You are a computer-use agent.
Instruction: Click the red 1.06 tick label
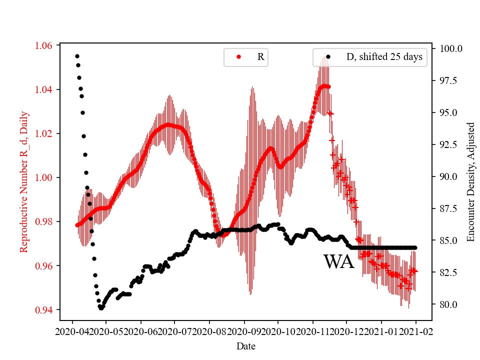click(43, 45)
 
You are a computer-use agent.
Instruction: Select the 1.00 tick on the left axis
click(43, 177)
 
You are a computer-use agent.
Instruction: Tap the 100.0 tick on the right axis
click(450, 48)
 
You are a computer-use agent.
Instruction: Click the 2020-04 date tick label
click(72, 331)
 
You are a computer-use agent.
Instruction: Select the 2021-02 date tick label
click(415, 331)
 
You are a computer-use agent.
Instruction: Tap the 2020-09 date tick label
click(244, 331)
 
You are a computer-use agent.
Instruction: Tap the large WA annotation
click(338, 262)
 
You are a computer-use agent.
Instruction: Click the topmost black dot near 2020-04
click(77, 56)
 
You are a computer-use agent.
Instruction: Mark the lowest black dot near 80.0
click(101, 308)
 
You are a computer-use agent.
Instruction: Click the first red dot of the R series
click(77, 225)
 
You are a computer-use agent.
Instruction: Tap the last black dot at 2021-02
click(415, 247)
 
